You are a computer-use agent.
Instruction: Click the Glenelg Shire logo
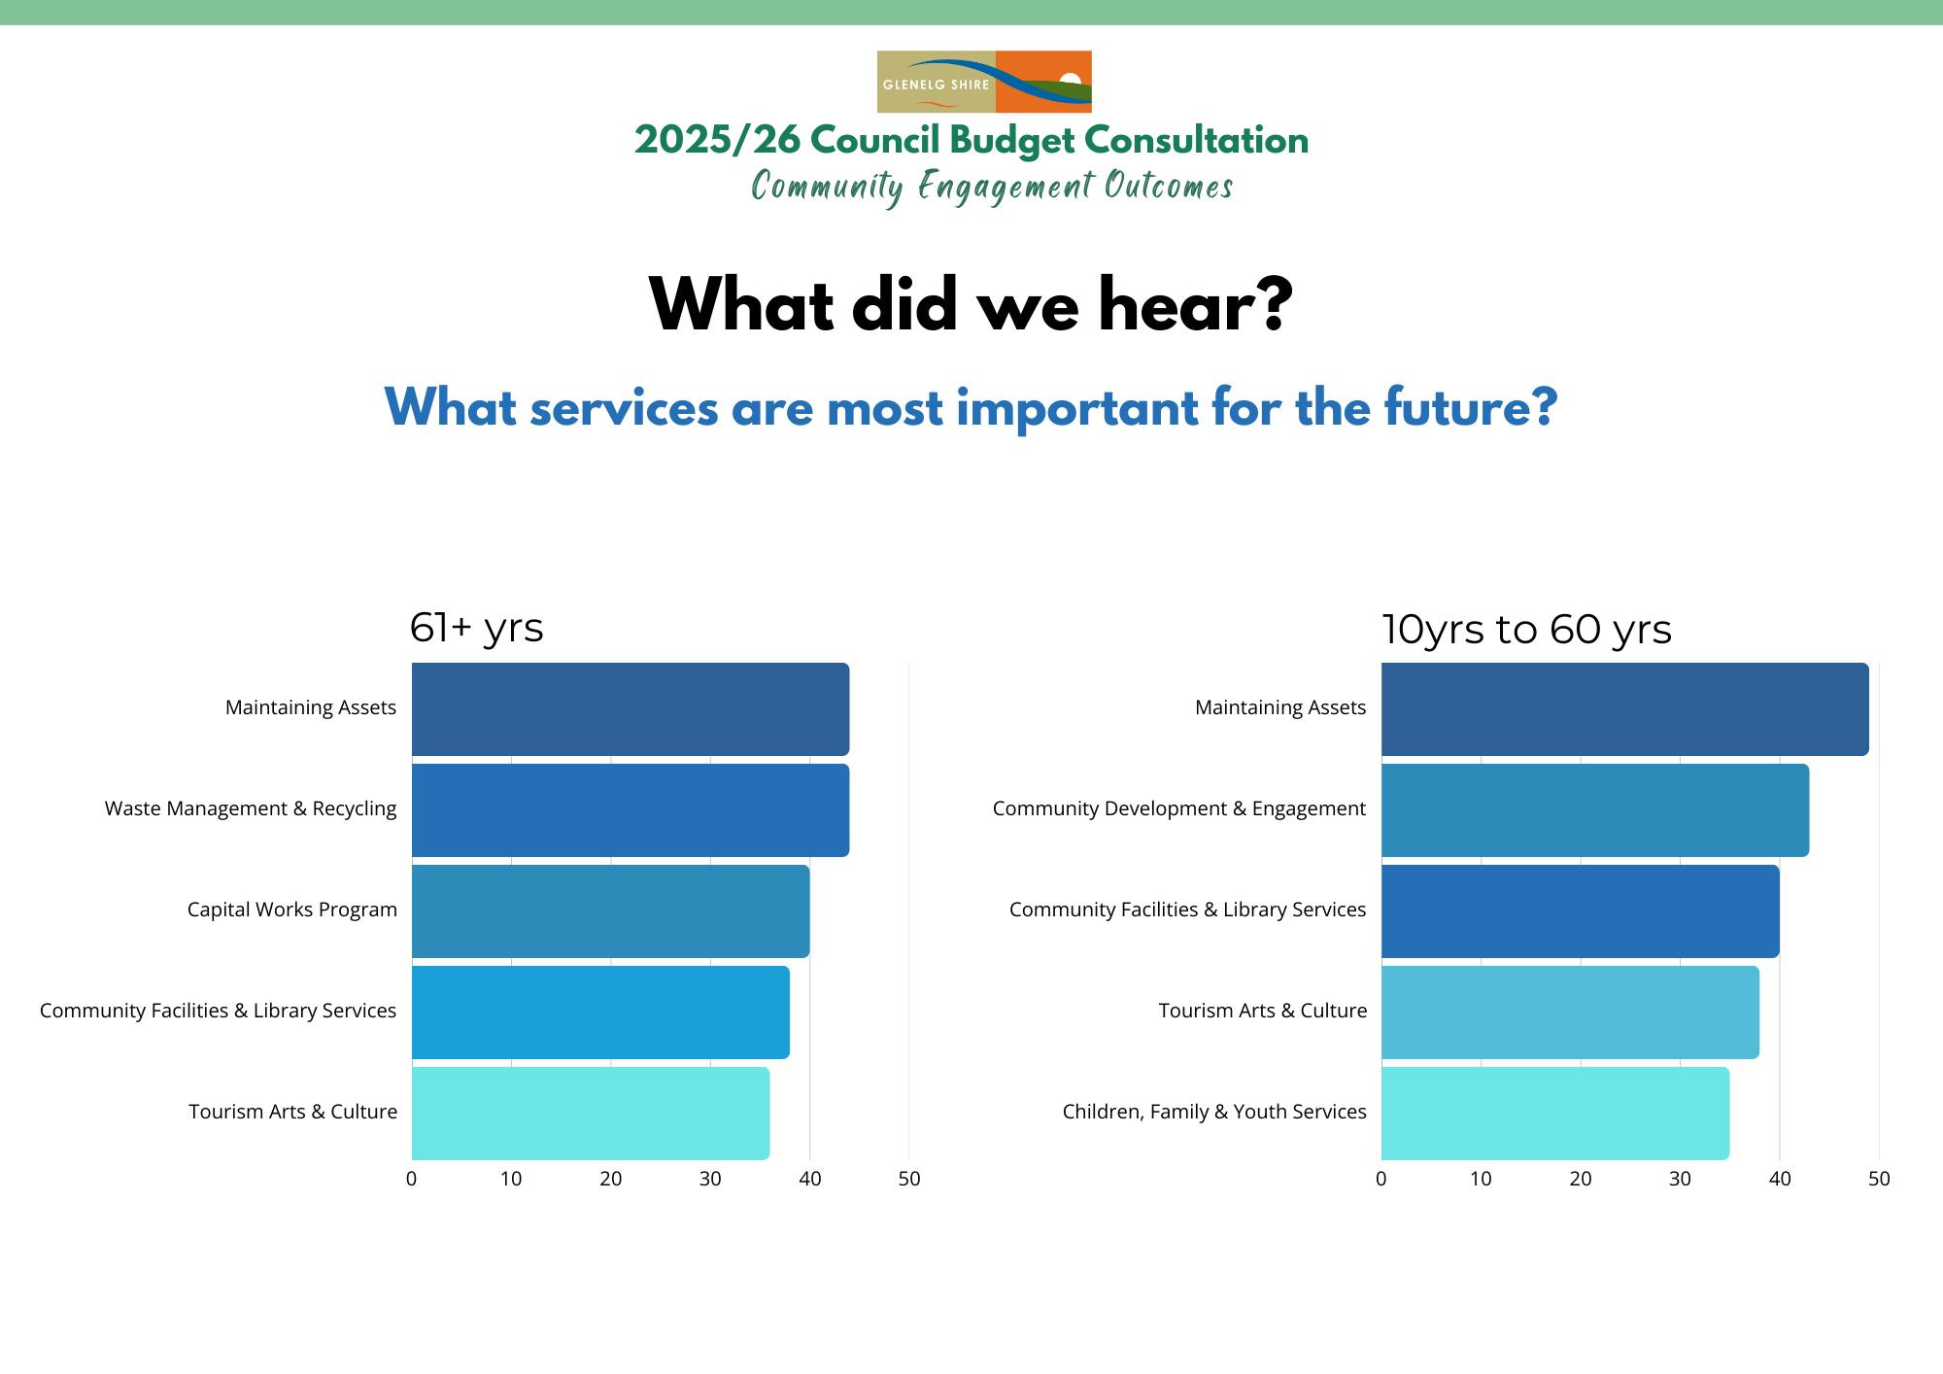coord(984,82)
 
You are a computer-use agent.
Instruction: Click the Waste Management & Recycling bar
coord(631,810)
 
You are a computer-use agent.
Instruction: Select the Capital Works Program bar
coord(610,911)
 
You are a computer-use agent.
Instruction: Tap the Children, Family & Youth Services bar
coord(1554,1114)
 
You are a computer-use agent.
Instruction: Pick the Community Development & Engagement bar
coord(1594,810)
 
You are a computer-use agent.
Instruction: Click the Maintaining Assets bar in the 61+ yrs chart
coord(631,709)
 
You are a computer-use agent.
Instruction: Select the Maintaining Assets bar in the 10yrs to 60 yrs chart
coord(1624,709)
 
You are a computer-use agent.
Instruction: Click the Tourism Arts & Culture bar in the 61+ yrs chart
coord(591,1114)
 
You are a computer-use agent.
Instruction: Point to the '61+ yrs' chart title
coord(476,628)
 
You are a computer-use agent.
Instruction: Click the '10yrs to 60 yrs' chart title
coord(1526,630)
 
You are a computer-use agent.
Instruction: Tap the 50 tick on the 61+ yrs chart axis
coord(909,1179)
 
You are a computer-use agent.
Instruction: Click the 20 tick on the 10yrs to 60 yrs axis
coord(1581,1179)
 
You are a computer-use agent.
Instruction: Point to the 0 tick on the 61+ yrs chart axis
coord(412,1179)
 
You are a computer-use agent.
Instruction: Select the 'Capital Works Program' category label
coord(292,910)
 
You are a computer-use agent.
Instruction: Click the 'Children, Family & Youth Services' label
coord(1214,1112)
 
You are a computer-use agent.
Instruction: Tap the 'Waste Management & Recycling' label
coord(251,808)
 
